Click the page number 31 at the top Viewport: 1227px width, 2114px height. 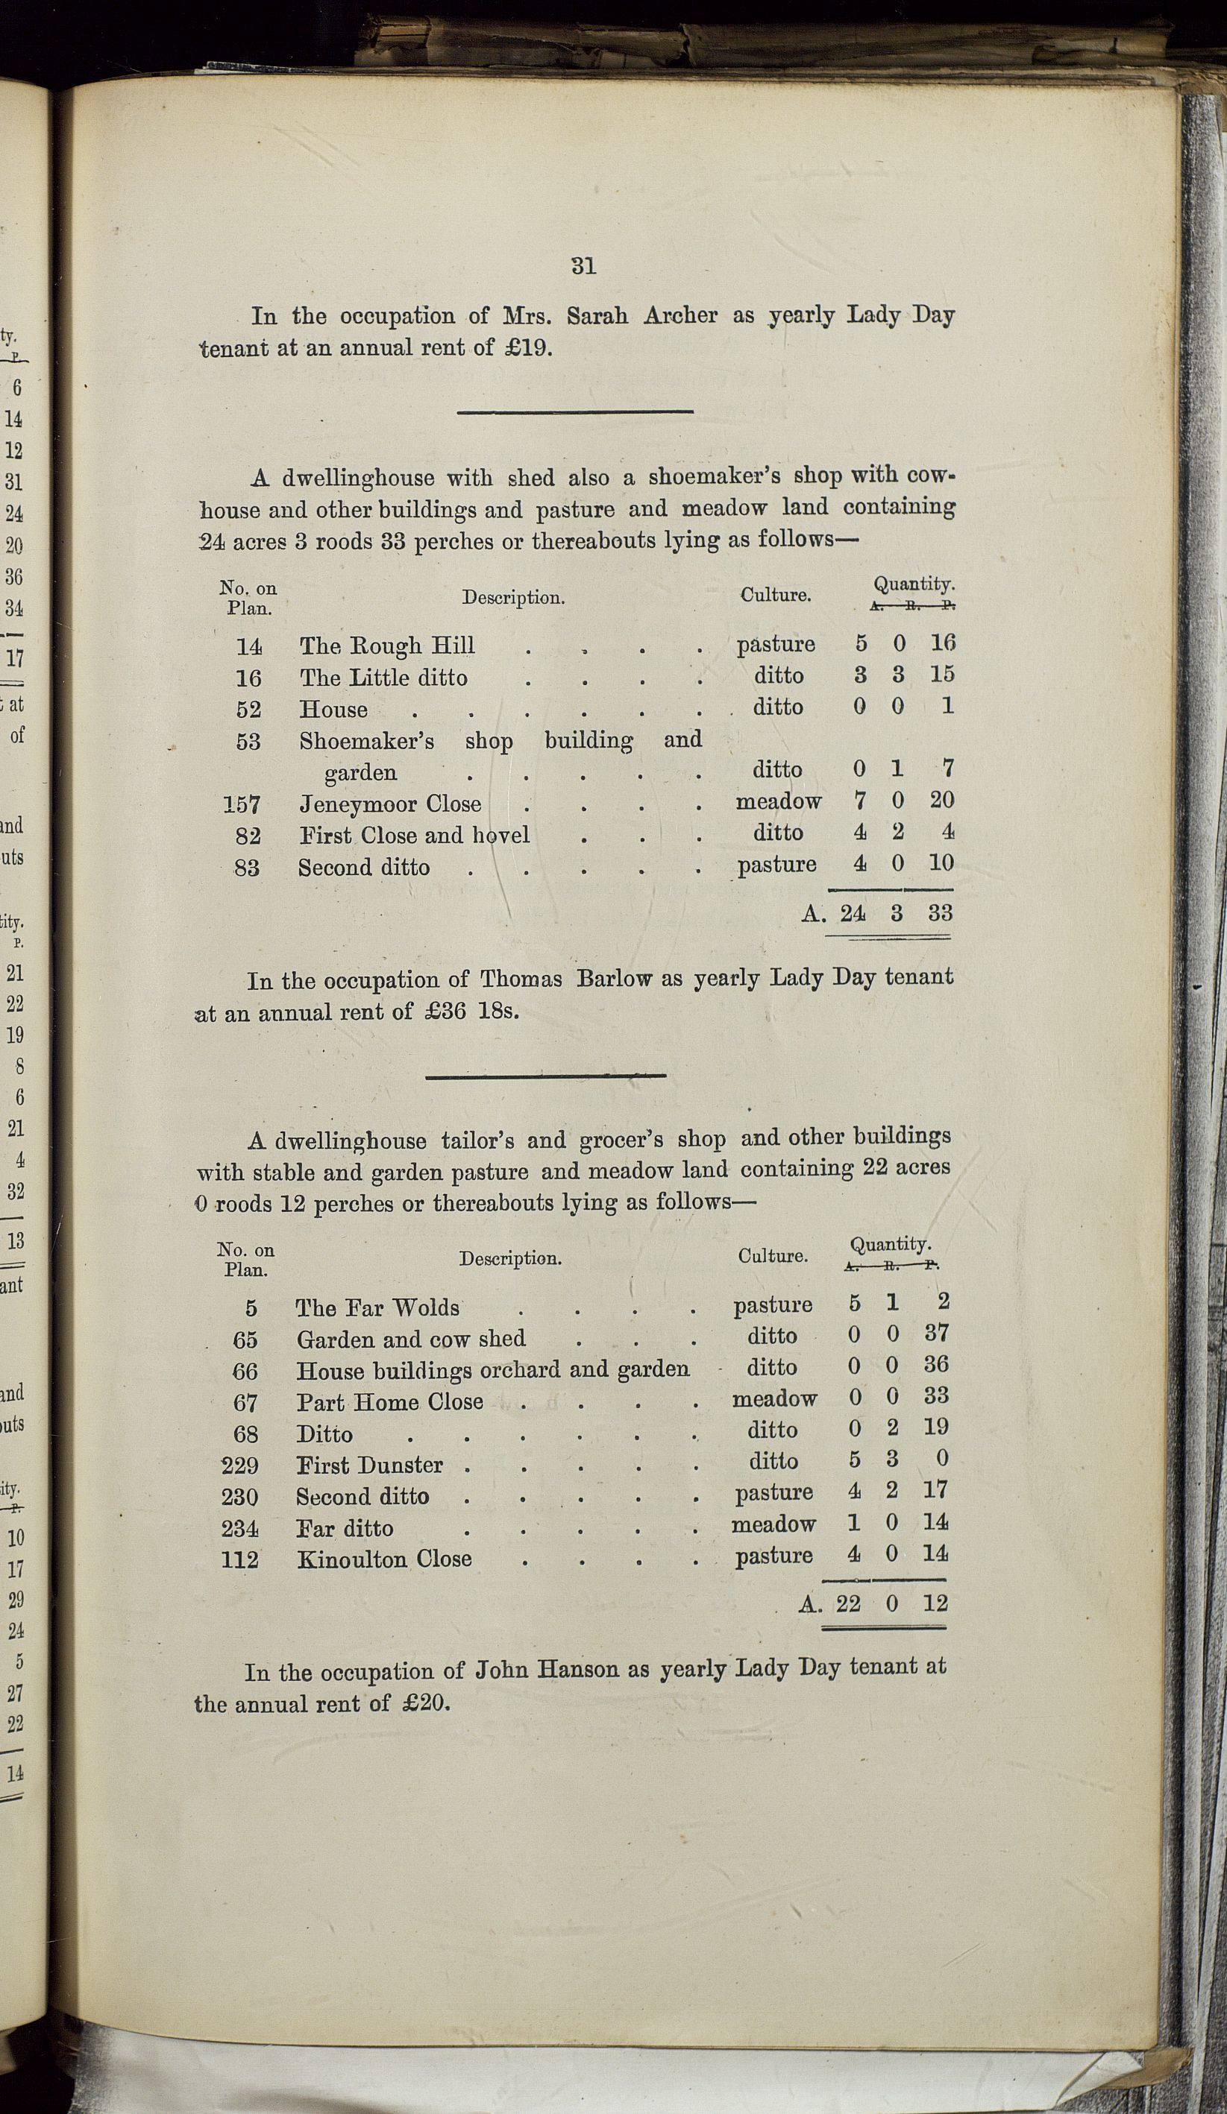(583, 266)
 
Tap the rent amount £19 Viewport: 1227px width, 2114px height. (525, 348)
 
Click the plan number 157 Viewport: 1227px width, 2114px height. (242, 805)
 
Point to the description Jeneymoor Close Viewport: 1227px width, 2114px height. (390, 804)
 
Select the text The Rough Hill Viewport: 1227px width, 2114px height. (387, 646)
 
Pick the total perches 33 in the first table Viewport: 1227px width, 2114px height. (940, 912)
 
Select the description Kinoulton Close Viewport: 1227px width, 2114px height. (383, 1559)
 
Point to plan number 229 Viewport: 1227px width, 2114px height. (239, 1465)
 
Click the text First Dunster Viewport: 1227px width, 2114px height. (369, 1465)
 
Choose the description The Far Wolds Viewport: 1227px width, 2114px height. (377, 1307)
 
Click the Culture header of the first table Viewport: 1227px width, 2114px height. (775, 596)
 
